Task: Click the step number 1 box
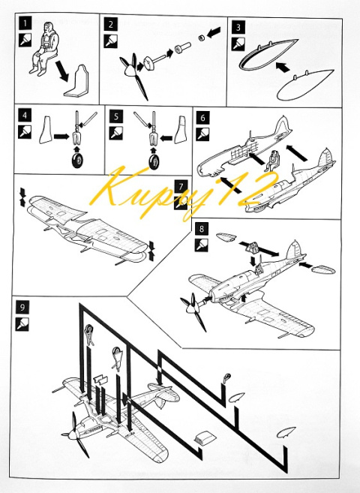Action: tap(25, 23)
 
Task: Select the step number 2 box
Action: tap(110, 25)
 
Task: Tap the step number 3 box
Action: tap(238, 27)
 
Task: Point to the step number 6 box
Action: tap(202, 118)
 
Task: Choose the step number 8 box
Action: tap(201, 229)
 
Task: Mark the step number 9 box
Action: tap(22, 307)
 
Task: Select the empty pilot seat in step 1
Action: tap(77, 81)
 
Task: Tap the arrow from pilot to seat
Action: tap(62, 71)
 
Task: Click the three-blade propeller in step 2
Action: tap(133, 75)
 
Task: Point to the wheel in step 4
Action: tap(78, 161)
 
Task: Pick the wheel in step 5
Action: tap(154, 162)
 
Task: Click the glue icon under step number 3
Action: tap(238, 44)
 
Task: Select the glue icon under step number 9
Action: tap(22, 324)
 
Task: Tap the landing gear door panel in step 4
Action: tap(46, 130)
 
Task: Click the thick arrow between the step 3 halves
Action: tap(283, 67)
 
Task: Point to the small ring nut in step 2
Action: tap(201, 38)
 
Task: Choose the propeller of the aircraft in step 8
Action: tap(193, 311)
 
